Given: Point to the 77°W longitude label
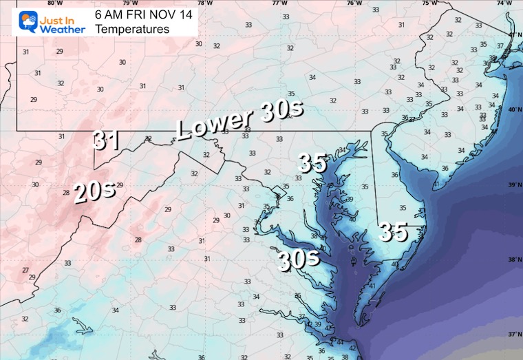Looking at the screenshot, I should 279,3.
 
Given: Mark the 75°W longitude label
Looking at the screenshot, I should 429,3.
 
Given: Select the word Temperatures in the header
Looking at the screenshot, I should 132,29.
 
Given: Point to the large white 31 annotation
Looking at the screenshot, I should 107,140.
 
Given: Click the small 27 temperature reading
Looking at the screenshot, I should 25,270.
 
